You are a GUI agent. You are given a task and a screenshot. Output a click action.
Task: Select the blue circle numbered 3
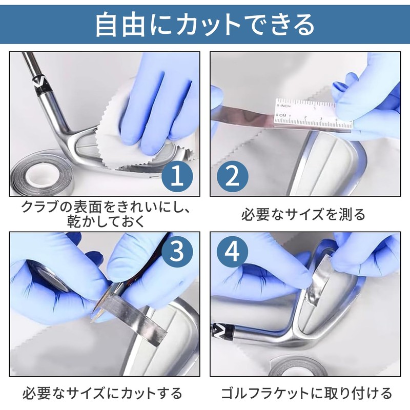(x=177, y=251)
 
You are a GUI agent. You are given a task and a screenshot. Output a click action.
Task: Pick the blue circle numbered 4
(x=233, y=251)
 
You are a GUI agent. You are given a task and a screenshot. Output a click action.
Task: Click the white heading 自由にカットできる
(x=204, y=25)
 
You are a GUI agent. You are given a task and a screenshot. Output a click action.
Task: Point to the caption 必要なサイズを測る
(x=303, y=215)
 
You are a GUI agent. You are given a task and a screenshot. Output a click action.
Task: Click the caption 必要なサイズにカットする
(x=102, y=393)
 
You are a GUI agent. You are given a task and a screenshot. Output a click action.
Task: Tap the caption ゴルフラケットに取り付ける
(x=306, y=393)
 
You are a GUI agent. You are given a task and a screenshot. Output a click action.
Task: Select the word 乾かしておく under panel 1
(x=106, y=221)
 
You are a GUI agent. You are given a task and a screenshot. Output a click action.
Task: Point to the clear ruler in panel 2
(x=313, y=114)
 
